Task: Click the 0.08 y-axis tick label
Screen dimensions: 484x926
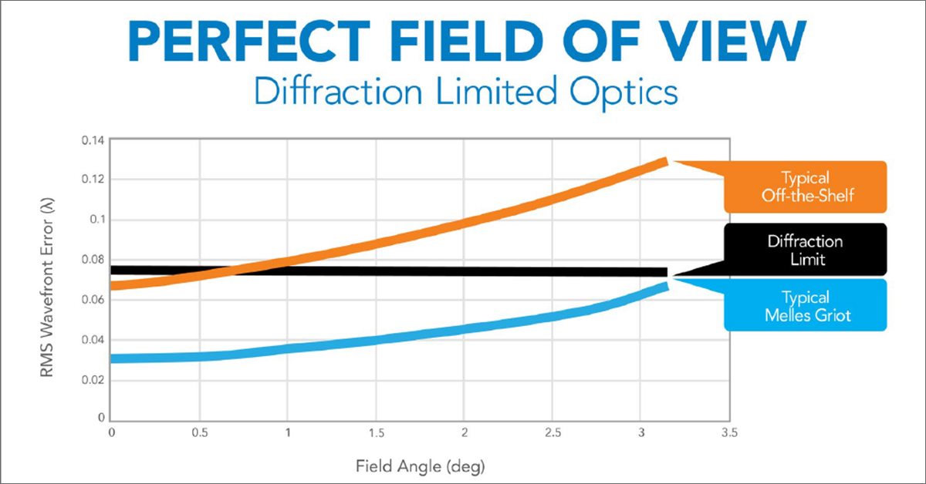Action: [x=93, y=260]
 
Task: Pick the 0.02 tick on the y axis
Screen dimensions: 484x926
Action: [x=93, y=380]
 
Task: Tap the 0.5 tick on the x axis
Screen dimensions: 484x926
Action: [x=200, y=434]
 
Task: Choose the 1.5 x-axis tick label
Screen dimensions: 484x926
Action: [x=376, y=434]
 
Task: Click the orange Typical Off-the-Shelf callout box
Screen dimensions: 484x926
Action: [x=804, y=187]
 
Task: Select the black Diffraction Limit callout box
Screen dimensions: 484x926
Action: [x=804, y=250]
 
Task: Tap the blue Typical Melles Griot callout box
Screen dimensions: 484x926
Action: [x=804, y=306]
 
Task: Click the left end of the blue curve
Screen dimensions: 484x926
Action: [x=115, y=358]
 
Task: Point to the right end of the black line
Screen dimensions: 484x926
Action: [x=665, y=272]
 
